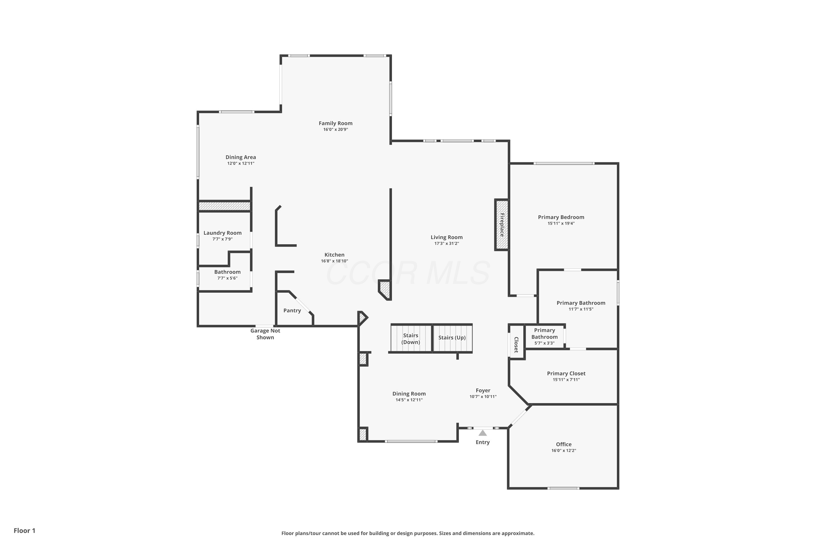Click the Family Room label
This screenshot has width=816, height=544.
coord(335,123)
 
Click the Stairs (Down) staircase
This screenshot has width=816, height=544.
coord(411,338)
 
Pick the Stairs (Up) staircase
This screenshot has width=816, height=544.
coord(452,338)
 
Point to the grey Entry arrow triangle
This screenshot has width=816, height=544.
coord(482,433)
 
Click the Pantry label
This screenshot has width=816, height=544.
coord(292,311)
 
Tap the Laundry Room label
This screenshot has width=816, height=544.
coord(222,233)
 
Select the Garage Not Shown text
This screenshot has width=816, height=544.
coord(265,334)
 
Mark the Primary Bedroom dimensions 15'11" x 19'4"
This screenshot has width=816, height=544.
coord(561,223)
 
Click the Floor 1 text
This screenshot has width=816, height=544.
coord(24,530)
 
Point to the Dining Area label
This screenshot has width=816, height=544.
coord(240,157)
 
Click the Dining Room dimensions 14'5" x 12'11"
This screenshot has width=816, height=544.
coord(409,400)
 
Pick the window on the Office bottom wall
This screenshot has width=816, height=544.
coord(563,488)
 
